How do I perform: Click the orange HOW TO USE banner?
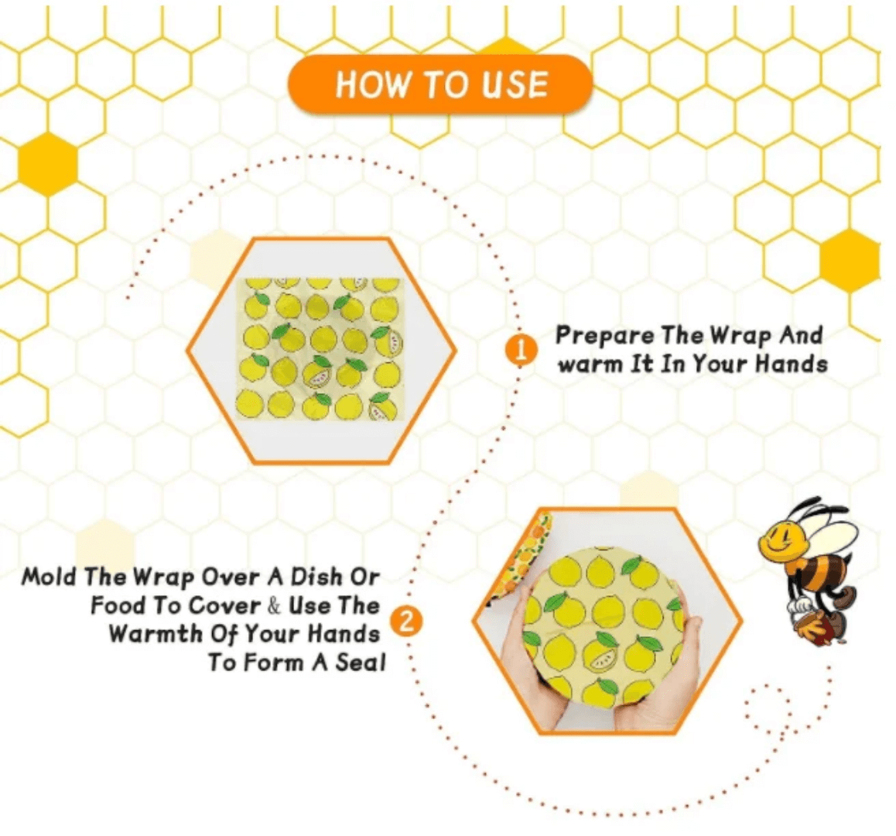click(440, 84)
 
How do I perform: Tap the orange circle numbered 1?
click(520, 349)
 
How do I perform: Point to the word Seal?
click(361, 662)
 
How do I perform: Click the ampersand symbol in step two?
click(274, 605)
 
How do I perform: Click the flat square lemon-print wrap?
click(320, 349)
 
